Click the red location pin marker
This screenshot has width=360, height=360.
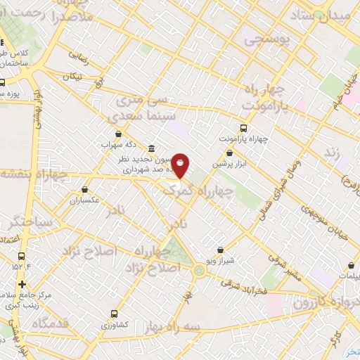coord(181,166)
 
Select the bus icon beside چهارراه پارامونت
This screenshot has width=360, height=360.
coord(243,128)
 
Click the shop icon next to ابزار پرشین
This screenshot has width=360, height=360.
coord(229,152)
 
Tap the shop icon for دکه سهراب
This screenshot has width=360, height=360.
coord(117,133)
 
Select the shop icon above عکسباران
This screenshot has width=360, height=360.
coord(85,189)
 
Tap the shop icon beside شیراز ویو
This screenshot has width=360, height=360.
coord(220,250)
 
